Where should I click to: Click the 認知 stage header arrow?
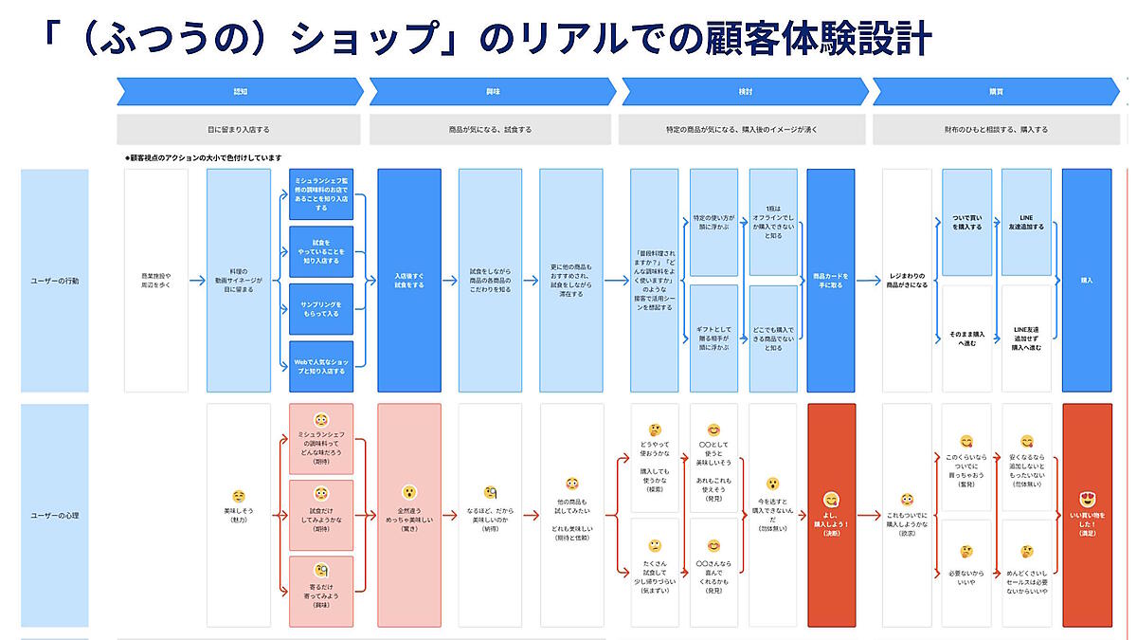[x=240, y=92]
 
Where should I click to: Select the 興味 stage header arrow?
[x=492, y=92]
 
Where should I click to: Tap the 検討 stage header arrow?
[x=744, y=92]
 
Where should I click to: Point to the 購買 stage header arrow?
[x=996, y=92]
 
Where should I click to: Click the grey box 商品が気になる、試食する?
[x=490, y=129]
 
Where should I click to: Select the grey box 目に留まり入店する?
[x=239, y=129]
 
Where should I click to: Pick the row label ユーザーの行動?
[x=55, y=281]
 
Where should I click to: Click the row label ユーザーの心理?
[x=55, y=516]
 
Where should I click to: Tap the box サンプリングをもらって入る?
[x=321, y=308]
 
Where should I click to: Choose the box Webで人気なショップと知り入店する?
[x=321, y=366]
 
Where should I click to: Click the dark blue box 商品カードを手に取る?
[x=831, y=280]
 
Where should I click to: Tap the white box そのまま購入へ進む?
[x=966, y=339]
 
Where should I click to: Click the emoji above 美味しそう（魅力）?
[x=239, y=496]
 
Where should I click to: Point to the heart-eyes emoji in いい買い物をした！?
[x=1087, y=499]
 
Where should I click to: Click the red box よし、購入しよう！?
[x=831, y=516]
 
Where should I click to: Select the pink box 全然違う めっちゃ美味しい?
[x=408, y=516]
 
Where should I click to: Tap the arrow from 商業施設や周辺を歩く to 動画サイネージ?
[x=197, y=281]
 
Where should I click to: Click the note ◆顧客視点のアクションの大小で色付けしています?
[x=203, y=157]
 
